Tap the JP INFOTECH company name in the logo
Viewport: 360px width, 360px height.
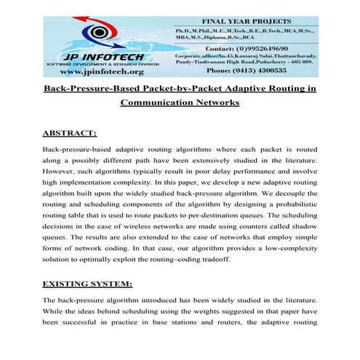pyautogui.click(x=87, y=55)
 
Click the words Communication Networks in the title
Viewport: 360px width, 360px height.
pyautogui.click(x=180, y=103)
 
